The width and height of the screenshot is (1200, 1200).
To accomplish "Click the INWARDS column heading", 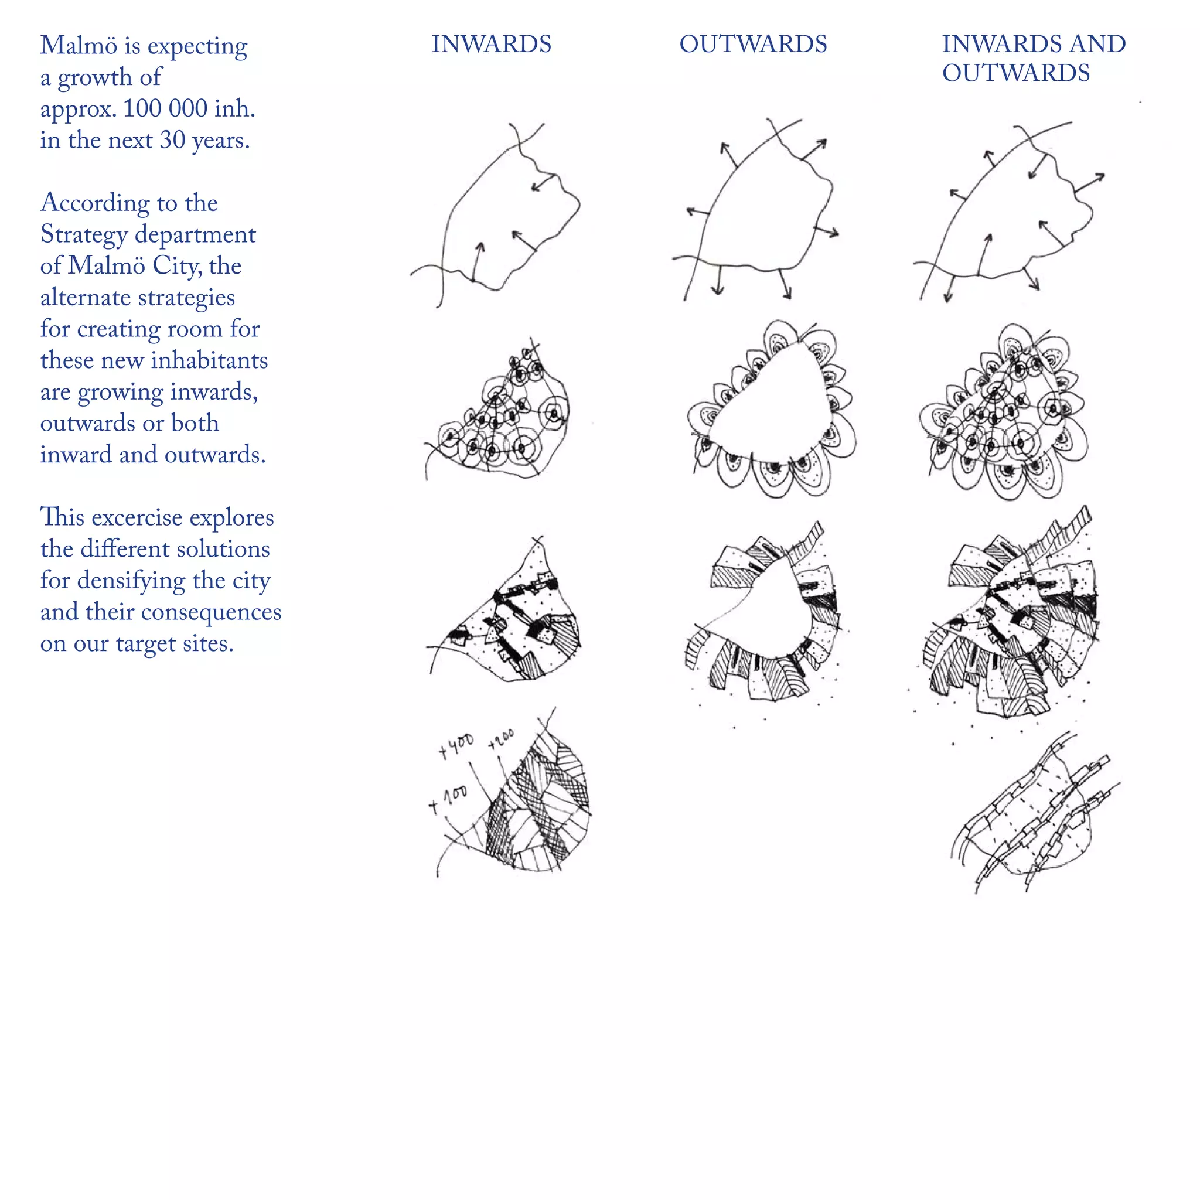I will tap(490, 44).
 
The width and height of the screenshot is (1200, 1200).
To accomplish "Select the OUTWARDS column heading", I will tap(753, 44).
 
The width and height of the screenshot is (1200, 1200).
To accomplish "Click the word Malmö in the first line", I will tap(79, 45).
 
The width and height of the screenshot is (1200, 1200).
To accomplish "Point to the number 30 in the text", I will tap(173, 140).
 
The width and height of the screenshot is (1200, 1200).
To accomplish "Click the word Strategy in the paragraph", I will tap(84, 235).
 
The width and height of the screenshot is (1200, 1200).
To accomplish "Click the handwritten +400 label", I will tap(456, 745).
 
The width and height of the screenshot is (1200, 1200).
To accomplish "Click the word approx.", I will tap(79, 110).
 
